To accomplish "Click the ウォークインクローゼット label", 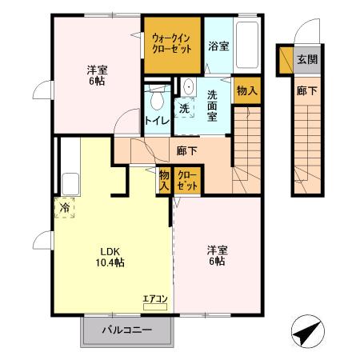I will point(172,42).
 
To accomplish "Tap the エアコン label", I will point(155,300).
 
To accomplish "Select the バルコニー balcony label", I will point(127,330).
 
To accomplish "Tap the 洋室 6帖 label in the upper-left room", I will point(96,74).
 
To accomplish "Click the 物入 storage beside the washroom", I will point(247,90).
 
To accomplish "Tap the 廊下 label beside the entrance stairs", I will point(307,91).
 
